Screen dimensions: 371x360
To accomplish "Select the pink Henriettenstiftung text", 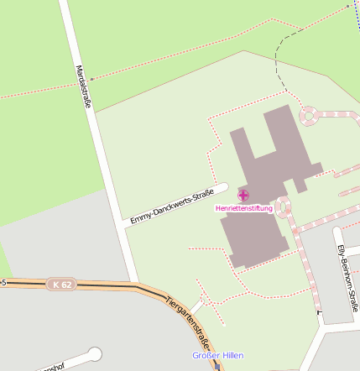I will click(243, 208).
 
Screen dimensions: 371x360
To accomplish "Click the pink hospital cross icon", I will click(243, 195).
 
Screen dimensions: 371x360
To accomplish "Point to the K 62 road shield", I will click(60, 285).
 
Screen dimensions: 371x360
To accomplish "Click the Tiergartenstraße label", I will click(189, 322).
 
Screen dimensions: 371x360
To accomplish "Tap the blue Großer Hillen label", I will click(217, 356).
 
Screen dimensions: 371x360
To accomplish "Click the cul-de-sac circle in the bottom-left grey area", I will click(94, 354).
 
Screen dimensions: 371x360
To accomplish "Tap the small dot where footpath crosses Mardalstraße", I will click(91, 80).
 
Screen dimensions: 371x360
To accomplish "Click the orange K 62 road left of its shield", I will click(25, 284).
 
